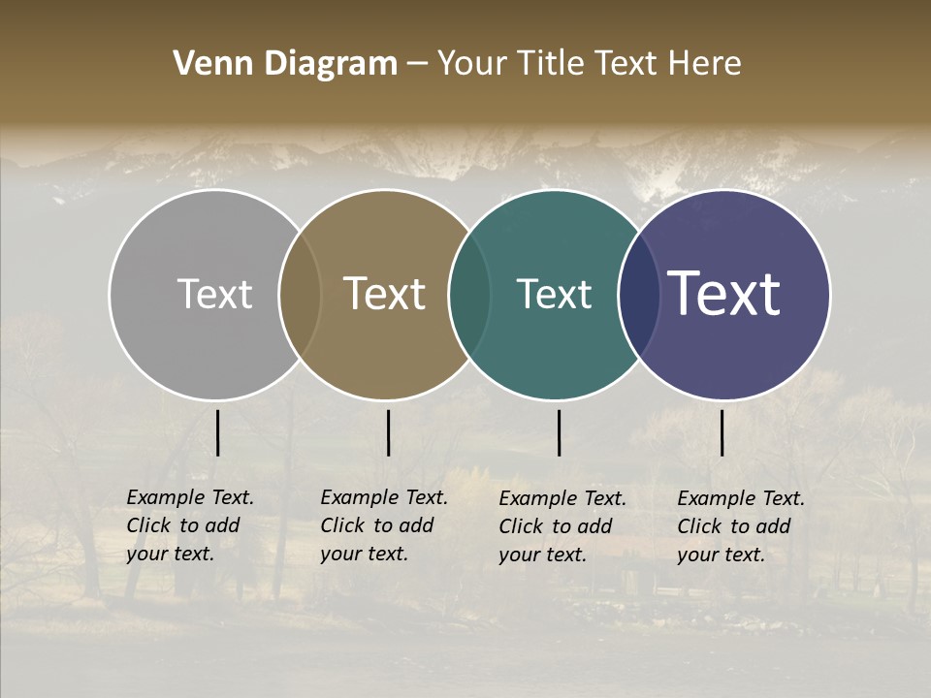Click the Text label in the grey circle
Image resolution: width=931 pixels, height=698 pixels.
point(214,294)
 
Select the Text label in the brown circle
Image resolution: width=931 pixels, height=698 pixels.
point(385,294)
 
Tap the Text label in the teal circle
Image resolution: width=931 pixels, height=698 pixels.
point(555,294)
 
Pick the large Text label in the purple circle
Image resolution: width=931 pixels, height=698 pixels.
point(724,294)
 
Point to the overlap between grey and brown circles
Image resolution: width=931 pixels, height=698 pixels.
point(300,294)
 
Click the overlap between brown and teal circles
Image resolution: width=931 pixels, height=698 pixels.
point(469,294)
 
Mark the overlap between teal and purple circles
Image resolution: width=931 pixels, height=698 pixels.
point(638,294)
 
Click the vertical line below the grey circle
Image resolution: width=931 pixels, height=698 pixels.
point(217,432)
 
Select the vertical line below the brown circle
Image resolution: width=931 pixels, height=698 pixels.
point(388,432)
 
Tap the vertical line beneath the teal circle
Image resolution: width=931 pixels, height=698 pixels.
point(559,432)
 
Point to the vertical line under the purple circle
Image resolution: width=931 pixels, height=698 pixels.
point(722,432)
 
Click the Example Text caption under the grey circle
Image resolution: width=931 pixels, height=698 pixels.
point(190,525)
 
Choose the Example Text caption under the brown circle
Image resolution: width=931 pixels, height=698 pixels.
point(384,525)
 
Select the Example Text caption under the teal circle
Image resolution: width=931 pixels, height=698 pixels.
point(562,526)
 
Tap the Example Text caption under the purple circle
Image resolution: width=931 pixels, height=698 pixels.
point(741,526)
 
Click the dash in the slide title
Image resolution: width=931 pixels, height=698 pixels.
point(417,64)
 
